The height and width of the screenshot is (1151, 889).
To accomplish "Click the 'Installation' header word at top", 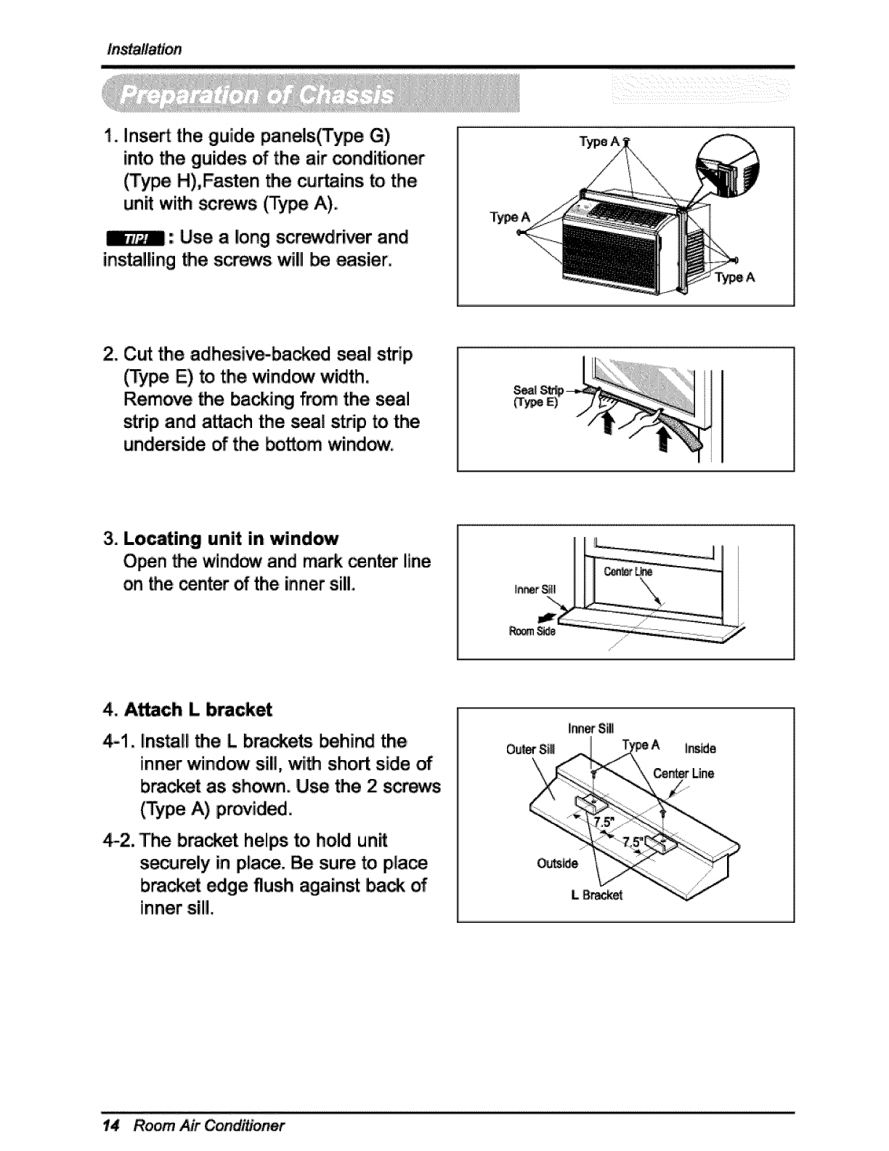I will tap(144, 49).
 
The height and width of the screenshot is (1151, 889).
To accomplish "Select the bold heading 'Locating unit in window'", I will tap(231, 538).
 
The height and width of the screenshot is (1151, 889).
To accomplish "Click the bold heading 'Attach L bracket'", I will tap(198, 709).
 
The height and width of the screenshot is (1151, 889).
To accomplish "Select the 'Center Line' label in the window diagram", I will tap(628, 572).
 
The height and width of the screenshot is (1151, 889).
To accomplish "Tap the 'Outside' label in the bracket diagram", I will tap(557, 863).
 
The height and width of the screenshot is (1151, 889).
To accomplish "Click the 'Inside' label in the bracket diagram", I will tap(699, 748).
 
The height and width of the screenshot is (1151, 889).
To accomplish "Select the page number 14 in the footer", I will tap(110, 1126).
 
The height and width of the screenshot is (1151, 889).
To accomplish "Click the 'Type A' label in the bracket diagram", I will tap(641, 745).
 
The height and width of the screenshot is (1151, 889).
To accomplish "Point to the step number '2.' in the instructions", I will tap(111, 355).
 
